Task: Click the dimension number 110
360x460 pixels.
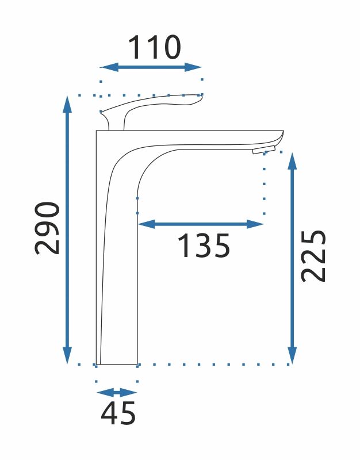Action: [x=154, y=48]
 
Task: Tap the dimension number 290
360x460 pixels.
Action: [x=48, y=228]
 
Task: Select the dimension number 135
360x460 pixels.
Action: [x=203, y=246]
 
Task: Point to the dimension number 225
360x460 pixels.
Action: [x=314, y=255]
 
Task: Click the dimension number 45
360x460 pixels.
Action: [x=118, y=413]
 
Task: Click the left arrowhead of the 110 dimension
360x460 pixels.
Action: [x=105, y=67]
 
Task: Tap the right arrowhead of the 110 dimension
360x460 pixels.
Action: [x=197, y=67]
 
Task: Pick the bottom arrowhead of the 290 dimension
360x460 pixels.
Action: [x=68, y=357]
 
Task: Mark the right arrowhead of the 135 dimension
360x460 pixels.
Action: [x=258, y=224]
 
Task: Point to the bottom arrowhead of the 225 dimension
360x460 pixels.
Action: [x=292, y=357]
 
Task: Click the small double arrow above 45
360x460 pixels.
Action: [x=117, y=393]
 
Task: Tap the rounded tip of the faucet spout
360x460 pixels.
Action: [x=281, y=137]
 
